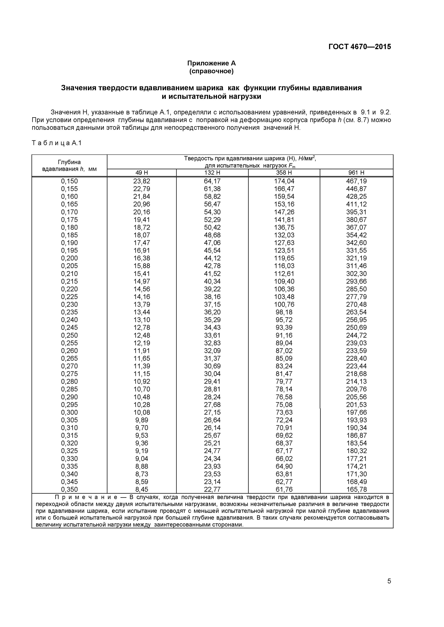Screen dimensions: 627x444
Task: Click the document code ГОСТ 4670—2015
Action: pyautogui.click(x=359, y=47)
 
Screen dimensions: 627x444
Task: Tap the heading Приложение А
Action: pyautogui.click(x=211, y=63)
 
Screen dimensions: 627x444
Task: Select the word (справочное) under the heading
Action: pyautogui.click(x=211, y=71)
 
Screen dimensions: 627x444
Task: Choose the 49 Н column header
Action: pyautogui.click(x=142, y=173)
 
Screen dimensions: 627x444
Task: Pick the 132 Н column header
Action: pyautogui.click(x=212, y=173)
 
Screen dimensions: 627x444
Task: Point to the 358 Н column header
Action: pyautogui.click(x=284, y=173)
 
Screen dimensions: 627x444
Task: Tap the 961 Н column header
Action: pyautogui.click(x=356, y=173)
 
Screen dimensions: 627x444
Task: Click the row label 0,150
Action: pyautogui.click(x=69, y=181)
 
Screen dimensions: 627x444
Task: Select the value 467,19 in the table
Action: pyautogui.click(x=356, y=181)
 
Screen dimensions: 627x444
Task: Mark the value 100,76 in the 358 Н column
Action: pyautogui.click(x=284, y=304)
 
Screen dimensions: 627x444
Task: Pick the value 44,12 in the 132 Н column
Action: pyautogui.click(x=212, y=258)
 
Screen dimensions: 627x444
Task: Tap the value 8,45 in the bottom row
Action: pyautogui.click(x=142, y=489)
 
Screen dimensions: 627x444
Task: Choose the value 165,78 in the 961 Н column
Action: pyautogui.click(x=356, y=489)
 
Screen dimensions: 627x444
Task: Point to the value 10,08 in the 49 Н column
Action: pyautogui.click(x=142, y=412)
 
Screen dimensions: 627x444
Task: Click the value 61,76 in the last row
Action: pyautogui.click(x=284, y=489)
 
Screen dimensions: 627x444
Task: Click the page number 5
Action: pyautogui.click(x=389, y=589)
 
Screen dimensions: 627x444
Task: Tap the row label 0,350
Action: pyautogui.click(x=69, y=489)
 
